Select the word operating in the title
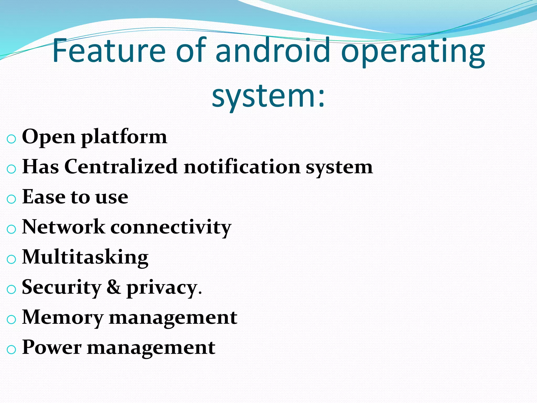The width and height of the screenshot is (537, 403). (x=413, y=52)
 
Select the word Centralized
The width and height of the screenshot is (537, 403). (x=121, y=167)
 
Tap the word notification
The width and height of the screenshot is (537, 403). (x=242, y=167)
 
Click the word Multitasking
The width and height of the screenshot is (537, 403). (x=85, y=258)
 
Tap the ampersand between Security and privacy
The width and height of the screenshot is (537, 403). (x=114, y=287)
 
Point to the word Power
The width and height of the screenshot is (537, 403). (x=52, y=347)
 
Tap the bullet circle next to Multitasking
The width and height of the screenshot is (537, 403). (x=11, y=259)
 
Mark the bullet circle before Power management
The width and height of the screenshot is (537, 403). (x=11, y=349)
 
